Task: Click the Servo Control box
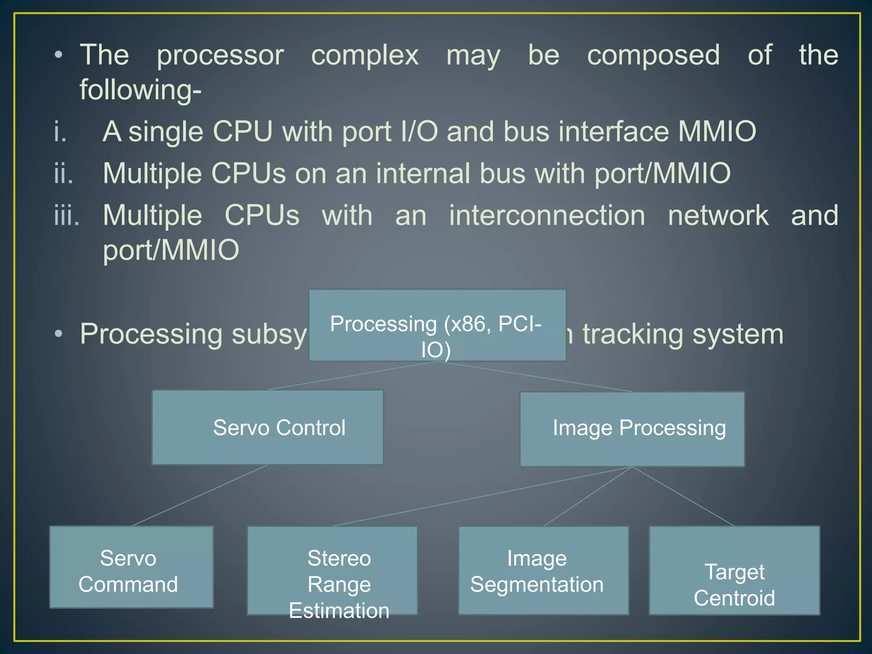(267, 427)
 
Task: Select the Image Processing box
(632, 429)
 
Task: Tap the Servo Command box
(131, 567)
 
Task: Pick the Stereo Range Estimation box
(332, 571)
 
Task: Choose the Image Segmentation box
(543, 571)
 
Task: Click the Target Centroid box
(734, 571)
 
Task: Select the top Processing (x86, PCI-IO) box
(437, 325)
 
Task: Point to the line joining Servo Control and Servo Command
(199, 496)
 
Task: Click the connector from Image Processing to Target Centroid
(683, 496)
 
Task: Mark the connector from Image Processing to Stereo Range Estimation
(482, 496)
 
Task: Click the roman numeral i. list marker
(60, 132)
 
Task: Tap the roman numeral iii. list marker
(67, 215)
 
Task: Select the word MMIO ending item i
(717, 131)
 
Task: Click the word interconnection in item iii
(547, 215)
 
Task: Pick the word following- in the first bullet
(141, 90)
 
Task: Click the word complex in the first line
(365, 55)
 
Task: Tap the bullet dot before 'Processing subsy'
(59, 334)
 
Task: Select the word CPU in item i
(242, 131)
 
